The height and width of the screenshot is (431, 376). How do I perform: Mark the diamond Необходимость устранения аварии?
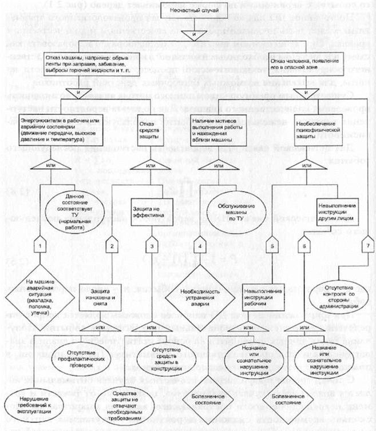coord(197,300)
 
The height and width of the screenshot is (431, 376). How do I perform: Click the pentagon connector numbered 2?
coord(112,246)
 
